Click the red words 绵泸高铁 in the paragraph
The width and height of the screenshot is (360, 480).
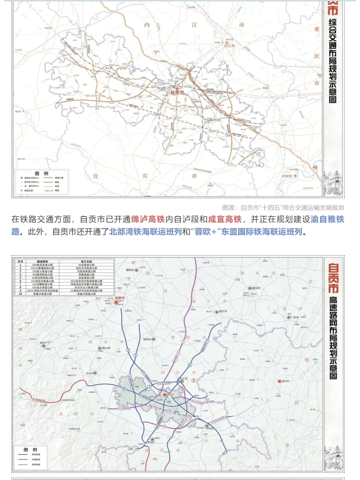(148, 219)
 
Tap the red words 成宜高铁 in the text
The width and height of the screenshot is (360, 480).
(225, 219)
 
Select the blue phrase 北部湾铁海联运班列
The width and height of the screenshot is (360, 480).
(145, 232)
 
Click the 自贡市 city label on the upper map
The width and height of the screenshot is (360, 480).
(177, 92)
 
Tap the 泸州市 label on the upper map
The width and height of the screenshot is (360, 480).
(287, 176)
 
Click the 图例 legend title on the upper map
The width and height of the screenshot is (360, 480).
(42, 174)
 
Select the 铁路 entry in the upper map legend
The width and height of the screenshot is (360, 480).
(57, 190)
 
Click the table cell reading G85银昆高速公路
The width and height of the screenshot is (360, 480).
(42, 265)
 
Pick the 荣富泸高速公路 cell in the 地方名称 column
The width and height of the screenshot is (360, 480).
(86, 294)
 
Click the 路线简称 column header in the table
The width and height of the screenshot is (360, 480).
(42, 261)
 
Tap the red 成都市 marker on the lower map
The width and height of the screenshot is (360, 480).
(116, 302)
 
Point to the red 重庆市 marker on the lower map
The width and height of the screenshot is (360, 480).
(279, 381)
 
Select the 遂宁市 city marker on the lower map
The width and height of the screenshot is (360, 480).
(217, 312)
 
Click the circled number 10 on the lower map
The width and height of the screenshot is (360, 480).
(169, 411)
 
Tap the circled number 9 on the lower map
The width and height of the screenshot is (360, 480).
(164, 426)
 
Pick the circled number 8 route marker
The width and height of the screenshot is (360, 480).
(207, 402)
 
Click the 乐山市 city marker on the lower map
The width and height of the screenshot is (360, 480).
(95, 373)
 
